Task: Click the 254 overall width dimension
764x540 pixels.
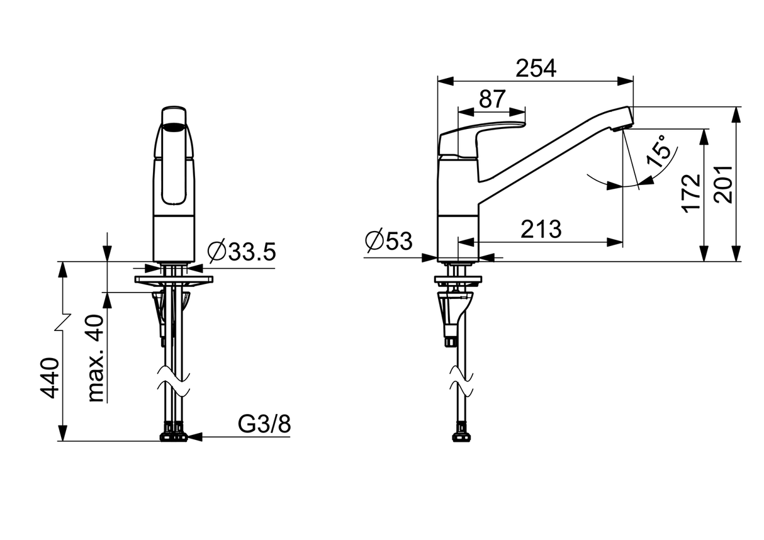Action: (x=536, y=69)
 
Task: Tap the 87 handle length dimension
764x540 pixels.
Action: (x=492, y=99)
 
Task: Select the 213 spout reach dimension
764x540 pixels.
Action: (x=541, y=229)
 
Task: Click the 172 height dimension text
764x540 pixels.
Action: (x=692, y=194)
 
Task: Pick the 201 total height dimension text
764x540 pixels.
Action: (x=724, y=184)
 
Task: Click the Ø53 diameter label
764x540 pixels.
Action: (x=388, y=241)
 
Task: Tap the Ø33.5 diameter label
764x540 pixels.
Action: (x=242, y=252)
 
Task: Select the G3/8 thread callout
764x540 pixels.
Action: (x=264, y=424)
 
